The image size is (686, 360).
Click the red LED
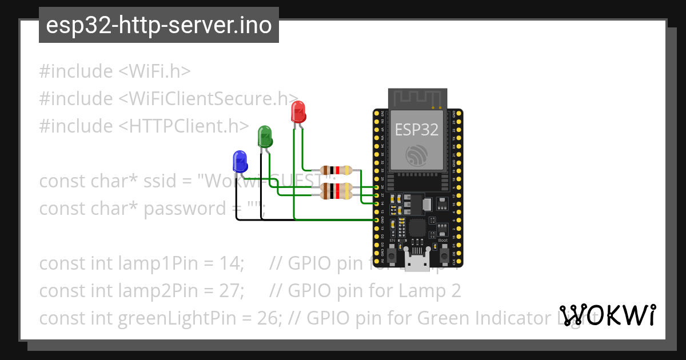point(298,111)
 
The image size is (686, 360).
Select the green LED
point(265,137)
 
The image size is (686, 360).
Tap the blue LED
point(240,162)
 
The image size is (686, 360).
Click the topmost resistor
point(337,170)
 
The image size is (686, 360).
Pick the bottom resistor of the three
point(337,195)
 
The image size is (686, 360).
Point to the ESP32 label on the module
point(417,130)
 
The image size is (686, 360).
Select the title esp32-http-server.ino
point(158,26)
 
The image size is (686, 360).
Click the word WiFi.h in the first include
point(155,71)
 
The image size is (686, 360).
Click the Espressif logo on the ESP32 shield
point(417,155)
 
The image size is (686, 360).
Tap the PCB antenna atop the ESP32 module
point(417,98)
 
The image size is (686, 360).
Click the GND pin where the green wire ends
point(377,220)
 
